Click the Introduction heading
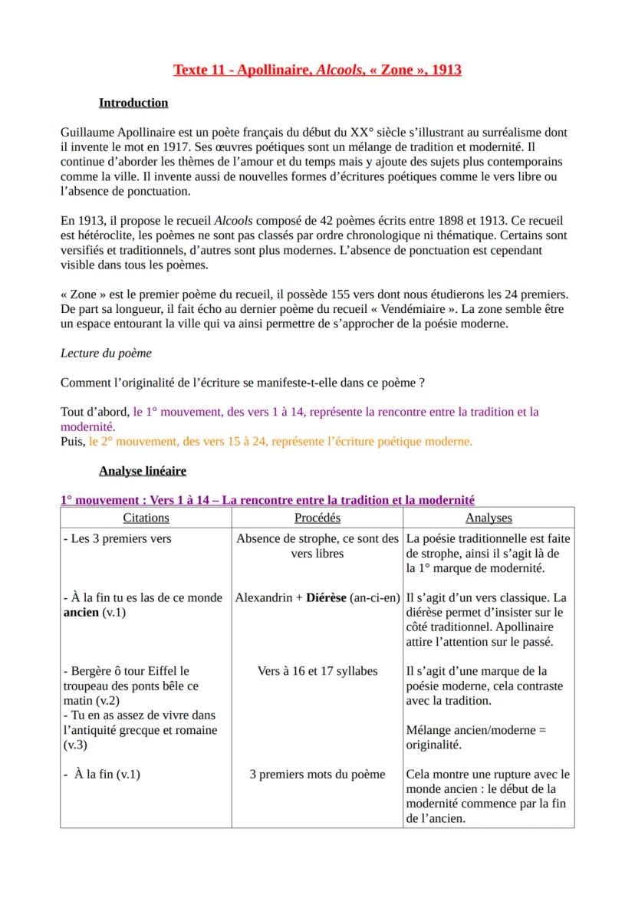[x=133, y=103]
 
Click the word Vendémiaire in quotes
[x=408, y=309]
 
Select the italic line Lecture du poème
[x=106, y=354]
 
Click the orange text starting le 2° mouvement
[x=281, y=441]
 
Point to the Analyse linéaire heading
[x=142, y=471]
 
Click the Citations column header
[x=146, y=518]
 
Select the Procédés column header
[x=317, y=518]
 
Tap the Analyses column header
[x=489, y=518]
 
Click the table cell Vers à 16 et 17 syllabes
[x=317, y=671]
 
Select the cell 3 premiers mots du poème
[x=317, y=774]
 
